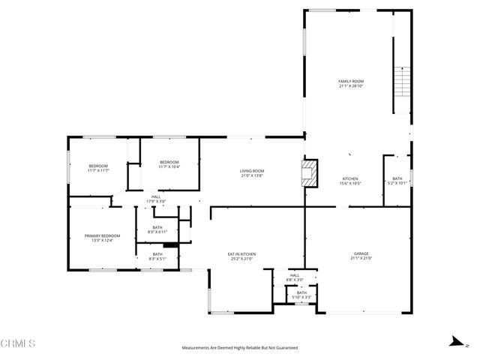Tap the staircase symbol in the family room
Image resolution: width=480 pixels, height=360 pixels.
[x=403, y=82]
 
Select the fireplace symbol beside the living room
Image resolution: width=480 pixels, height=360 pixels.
[x=309, y=174]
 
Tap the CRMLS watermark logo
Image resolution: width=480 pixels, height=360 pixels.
[x=18, y=344]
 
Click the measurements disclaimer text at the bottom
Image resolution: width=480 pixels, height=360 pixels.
[x=240, y=348]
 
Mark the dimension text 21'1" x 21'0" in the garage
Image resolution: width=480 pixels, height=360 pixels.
[x=361, y=259]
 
